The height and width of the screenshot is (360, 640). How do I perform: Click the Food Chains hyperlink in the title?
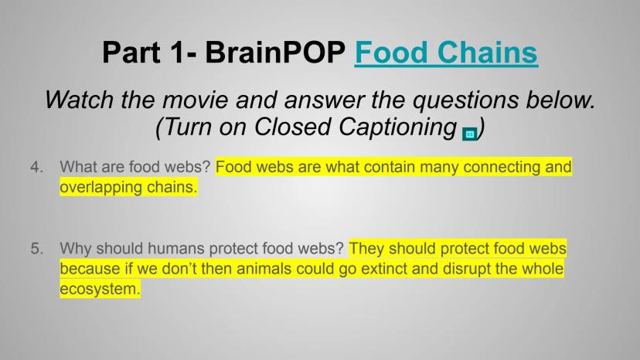[446, 53]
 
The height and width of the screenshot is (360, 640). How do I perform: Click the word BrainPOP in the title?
[275, 53]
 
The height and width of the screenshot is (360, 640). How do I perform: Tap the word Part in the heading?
[131, 53]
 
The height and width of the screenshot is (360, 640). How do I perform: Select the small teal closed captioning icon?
[469, 134]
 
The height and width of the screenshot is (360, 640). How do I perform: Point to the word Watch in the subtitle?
[79, 100]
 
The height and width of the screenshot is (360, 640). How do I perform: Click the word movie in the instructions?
[196, 100]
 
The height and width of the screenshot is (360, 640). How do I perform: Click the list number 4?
[36, 167]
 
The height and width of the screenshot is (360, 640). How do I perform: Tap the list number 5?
[36, 249]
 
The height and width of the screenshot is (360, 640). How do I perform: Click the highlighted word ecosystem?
[100, 290]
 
